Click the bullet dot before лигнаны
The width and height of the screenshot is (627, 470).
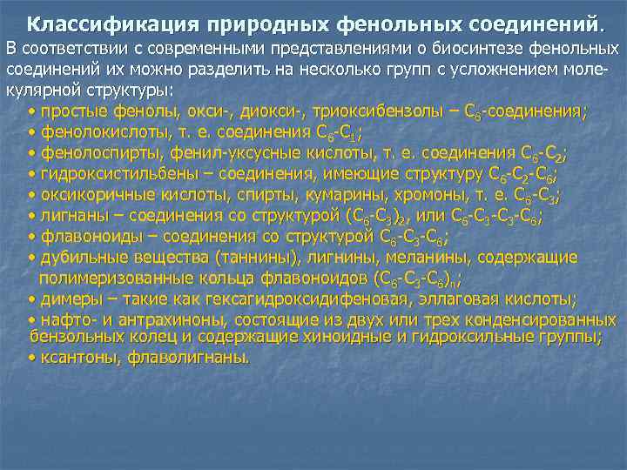coord(32,216)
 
